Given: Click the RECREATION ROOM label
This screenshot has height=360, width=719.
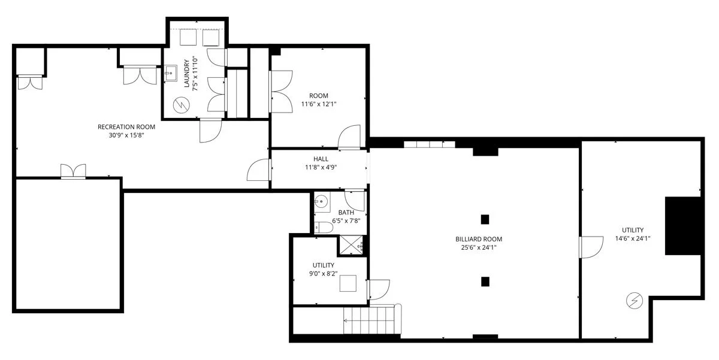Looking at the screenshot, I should pyautogui.click(x=126, y=126).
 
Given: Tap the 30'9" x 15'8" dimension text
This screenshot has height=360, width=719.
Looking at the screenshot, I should pyautogui.click(x=126, y=135).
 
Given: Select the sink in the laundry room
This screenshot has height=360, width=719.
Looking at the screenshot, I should pyautogui.click(x=170, y=74).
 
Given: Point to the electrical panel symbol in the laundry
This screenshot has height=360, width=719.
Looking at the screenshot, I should pyautogui.click(x=180, y=106).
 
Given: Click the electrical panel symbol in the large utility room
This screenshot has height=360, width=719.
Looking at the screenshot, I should pyautogui.click(x=634, y=300).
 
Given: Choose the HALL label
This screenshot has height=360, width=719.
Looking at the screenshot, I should pyautogui.click(x=321, y=159).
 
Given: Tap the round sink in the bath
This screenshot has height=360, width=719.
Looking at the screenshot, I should pyautogui.click(x=321, y=202).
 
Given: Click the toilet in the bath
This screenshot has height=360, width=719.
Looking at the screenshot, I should pyautogui.click(x=324, y=227).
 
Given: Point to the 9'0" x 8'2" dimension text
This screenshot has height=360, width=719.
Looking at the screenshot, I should pyautogui.click(x=323, y=274).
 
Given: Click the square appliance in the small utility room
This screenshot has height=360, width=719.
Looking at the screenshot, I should pyautogui.click(x=348, y=283).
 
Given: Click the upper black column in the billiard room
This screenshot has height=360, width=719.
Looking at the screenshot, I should pyautogui.click(x=485, y=219).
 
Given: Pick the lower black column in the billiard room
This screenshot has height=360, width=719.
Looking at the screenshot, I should pyautogui.click(x=485, y=281).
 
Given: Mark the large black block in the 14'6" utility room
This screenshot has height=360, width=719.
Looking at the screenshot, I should pyautogui.click(x=682, y=225).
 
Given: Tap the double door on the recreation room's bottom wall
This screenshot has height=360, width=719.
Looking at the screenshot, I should pyautogui.click(x=73, y=171).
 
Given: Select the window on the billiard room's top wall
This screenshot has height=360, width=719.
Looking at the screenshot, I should pyautogui.click(x=429, y=144).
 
